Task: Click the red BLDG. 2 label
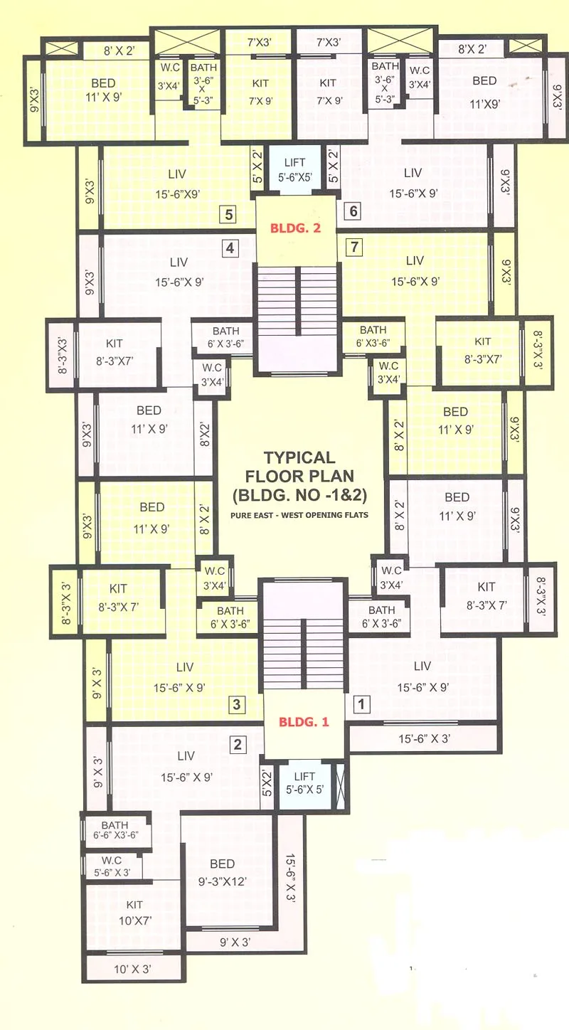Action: point(295,229)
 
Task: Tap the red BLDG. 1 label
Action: point(304,721)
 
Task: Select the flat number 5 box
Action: point(228,213)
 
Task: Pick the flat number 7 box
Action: point(354,248)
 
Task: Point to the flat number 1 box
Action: point(361,705)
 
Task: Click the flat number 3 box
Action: point(238,705)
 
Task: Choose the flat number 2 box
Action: point(238,745)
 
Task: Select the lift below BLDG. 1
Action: point(304,782)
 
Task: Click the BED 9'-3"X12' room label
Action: point(222,871)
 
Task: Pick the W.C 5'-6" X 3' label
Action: point(112,866)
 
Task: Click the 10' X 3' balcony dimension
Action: point(132,969)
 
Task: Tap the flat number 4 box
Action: point(229,248)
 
